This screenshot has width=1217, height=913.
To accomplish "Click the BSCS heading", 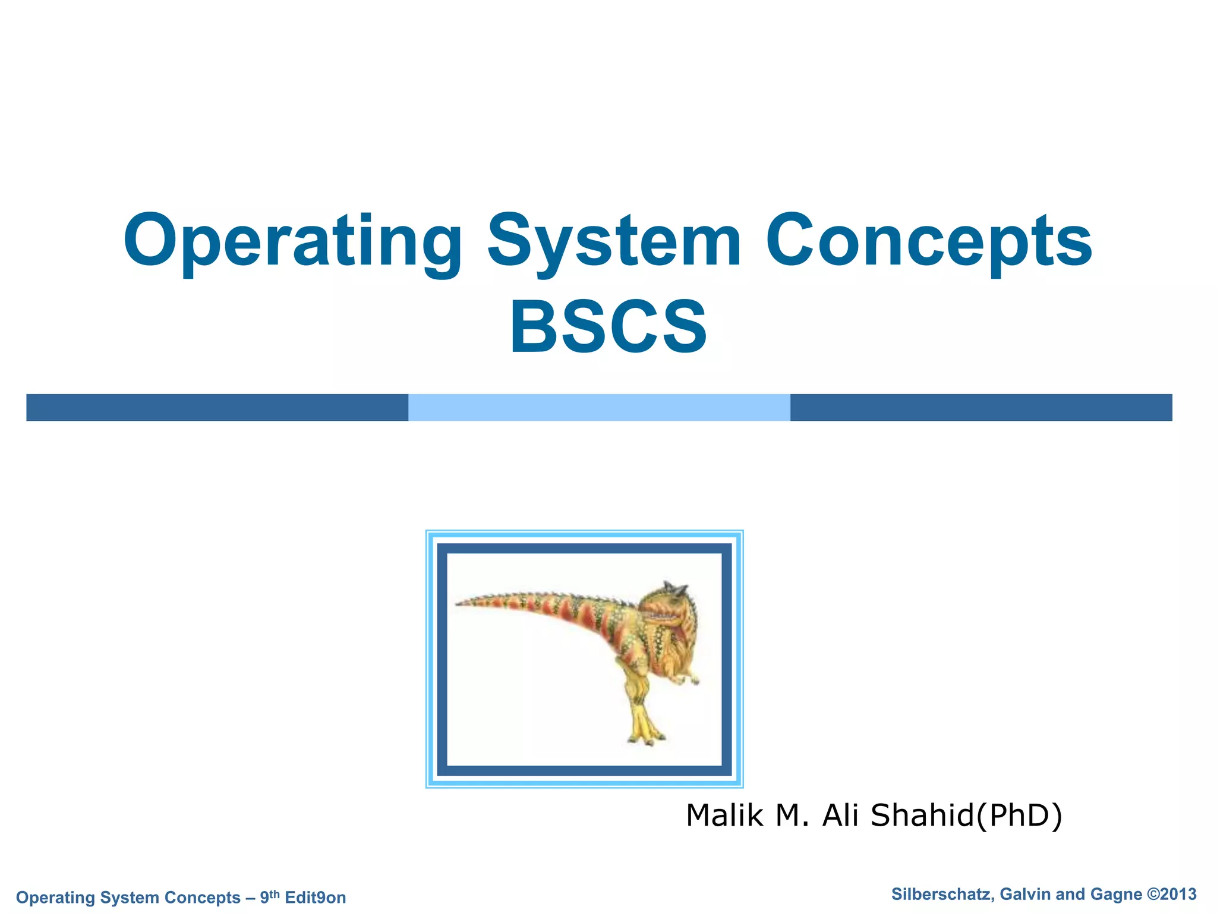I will tap(608, 328).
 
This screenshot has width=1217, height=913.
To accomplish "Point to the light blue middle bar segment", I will tap(599, 407).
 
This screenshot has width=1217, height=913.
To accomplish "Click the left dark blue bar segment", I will tap(217, 407).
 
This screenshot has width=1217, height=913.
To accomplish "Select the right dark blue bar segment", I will tap(980, 407).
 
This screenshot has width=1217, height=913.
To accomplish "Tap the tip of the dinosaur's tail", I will tap(459, 604).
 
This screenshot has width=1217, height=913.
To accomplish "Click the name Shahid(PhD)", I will tap(966, 815).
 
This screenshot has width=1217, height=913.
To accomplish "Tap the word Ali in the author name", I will tap(840, 815).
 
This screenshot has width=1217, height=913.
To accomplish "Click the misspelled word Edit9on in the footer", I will tap(315, 898).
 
